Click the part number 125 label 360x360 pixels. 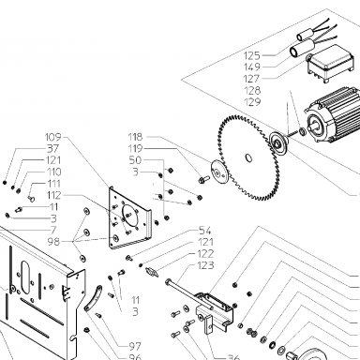coord(252,55)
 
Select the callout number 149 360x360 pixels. coord(252,67)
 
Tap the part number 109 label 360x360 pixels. coord(53,137)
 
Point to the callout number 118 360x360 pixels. coord(135,137)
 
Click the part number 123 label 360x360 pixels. coord(206,265)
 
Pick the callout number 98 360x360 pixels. coord(53,242)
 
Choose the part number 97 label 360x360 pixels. coord(135,346)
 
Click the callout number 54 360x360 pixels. coord(205,231)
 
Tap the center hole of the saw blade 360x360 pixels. coord(248,157)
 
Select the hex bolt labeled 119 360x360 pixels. coord(203,179)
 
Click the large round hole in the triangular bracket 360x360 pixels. coord(130,215)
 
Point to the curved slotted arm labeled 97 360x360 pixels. coord(93,298)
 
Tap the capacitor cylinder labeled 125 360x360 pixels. coord(304,36)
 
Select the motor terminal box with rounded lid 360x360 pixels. coord(330,64)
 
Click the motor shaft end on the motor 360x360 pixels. coord(314,127)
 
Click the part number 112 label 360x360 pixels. coord(53,195)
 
